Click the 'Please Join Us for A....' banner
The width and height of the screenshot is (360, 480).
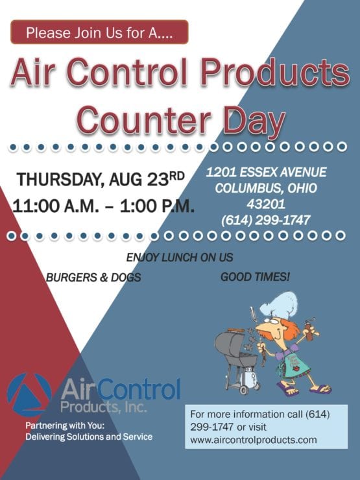[99, 32]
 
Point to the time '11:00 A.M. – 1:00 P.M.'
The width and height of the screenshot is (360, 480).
[102, 206]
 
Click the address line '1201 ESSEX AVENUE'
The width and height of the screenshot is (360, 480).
[266, 173]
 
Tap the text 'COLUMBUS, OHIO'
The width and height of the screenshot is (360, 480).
[266, 188]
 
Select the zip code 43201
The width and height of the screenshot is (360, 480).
[266, 204]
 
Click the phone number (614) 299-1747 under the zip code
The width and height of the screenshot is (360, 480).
[266, 221]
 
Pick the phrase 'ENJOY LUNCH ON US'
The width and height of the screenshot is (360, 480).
[180, 258]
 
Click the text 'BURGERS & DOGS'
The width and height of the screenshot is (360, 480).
[93, 278]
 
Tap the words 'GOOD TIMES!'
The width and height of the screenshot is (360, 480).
[256, 277]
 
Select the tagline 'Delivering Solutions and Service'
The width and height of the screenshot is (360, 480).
[89, 437]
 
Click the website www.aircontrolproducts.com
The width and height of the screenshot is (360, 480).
[254, 440]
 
